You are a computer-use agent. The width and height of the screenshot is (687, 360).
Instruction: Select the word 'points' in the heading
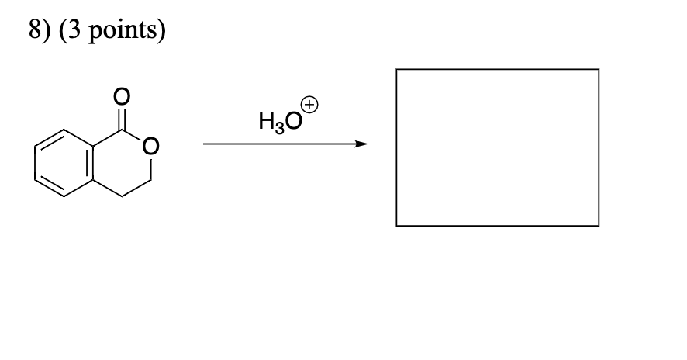(116, 34)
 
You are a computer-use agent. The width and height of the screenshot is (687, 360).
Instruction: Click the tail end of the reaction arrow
(205, 144)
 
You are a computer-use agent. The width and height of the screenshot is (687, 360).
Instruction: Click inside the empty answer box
(497, 147)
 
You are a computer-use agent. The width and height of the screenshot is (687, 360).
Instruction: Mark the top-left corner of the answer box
(396, 69)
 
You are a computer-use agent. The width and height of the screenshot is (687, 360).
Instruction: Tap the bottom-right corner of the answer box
(599, 226)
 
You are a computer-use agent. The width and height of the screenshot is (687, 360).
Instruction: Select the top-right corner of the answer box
(599, 69)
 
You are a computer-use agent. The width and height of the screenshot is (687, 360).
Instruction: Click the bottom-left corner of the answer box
(396, 226)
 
